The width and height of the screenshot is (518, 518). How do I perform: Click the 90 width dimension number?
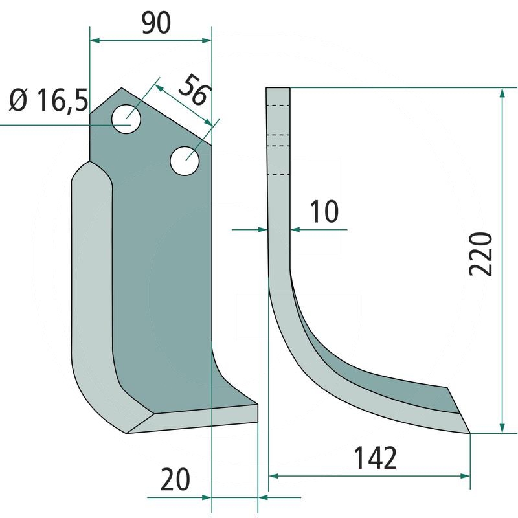coord(156,23)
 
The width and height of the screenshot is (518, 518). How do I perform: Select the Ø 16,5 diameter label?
coord(49,100)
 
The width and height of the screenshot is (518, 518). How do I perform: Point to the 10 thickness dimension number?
coord(324,211)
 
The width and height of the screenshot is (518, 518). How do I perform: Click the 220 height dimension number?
coord(480,254)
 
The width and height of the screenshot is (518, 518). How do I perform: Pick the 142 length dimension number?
coord(376,458)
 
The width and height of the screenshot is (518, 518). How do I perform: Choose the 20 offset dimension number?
coord(175,479)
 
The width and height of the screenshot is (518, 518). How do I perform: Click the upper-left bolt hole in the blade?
coord(126,119)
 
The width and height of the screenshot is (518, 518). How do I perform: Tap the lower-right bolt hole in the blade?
coord(185,161)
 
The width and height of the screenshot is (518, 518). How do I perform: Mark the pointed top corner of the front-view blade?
coord(122,88)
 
